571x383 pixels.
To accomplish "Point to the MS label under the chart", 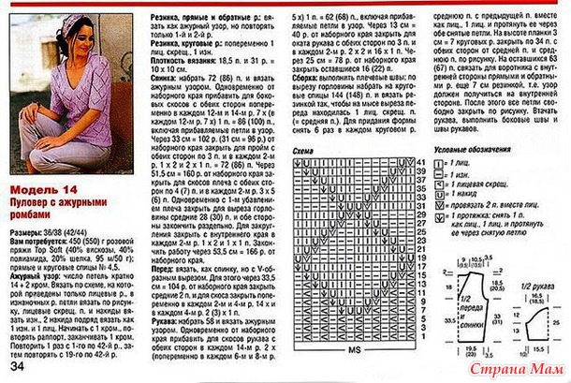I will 355,348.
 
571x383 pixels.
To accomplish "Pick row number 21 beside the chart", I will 419,252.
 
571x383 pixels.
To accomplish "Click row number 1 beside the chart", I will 421,341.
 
